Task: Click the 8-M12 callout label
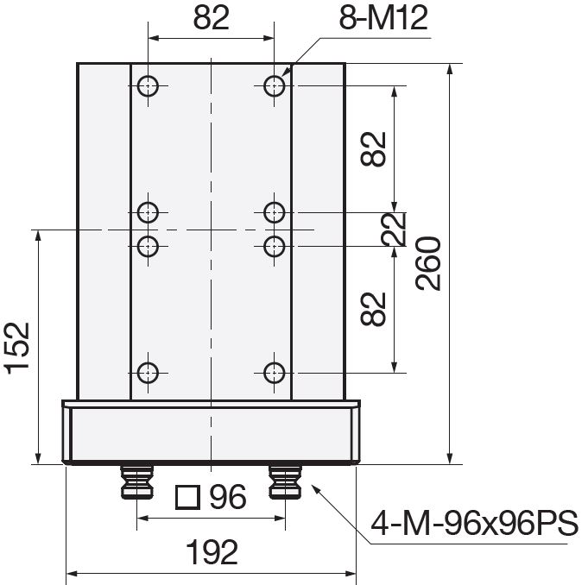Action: (x=383, y=18)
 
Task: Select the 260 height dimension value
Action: (x=428, y=263)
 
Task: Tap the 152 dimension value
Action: (x=17, y=348)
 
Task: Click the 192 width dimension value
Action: (x=212, y=551)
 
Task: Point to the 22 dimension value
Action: (x=394, y=229)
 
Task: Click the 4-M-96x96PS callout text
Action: (x=475, y=523)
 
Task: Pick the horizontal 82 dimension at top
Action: (x=212, y=18)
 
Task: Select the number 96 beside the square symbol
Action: (x=228, y=496)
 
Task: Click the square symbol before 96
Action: (x=187, y=497)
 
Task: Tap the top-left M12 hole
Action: (x=148, y=85)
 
